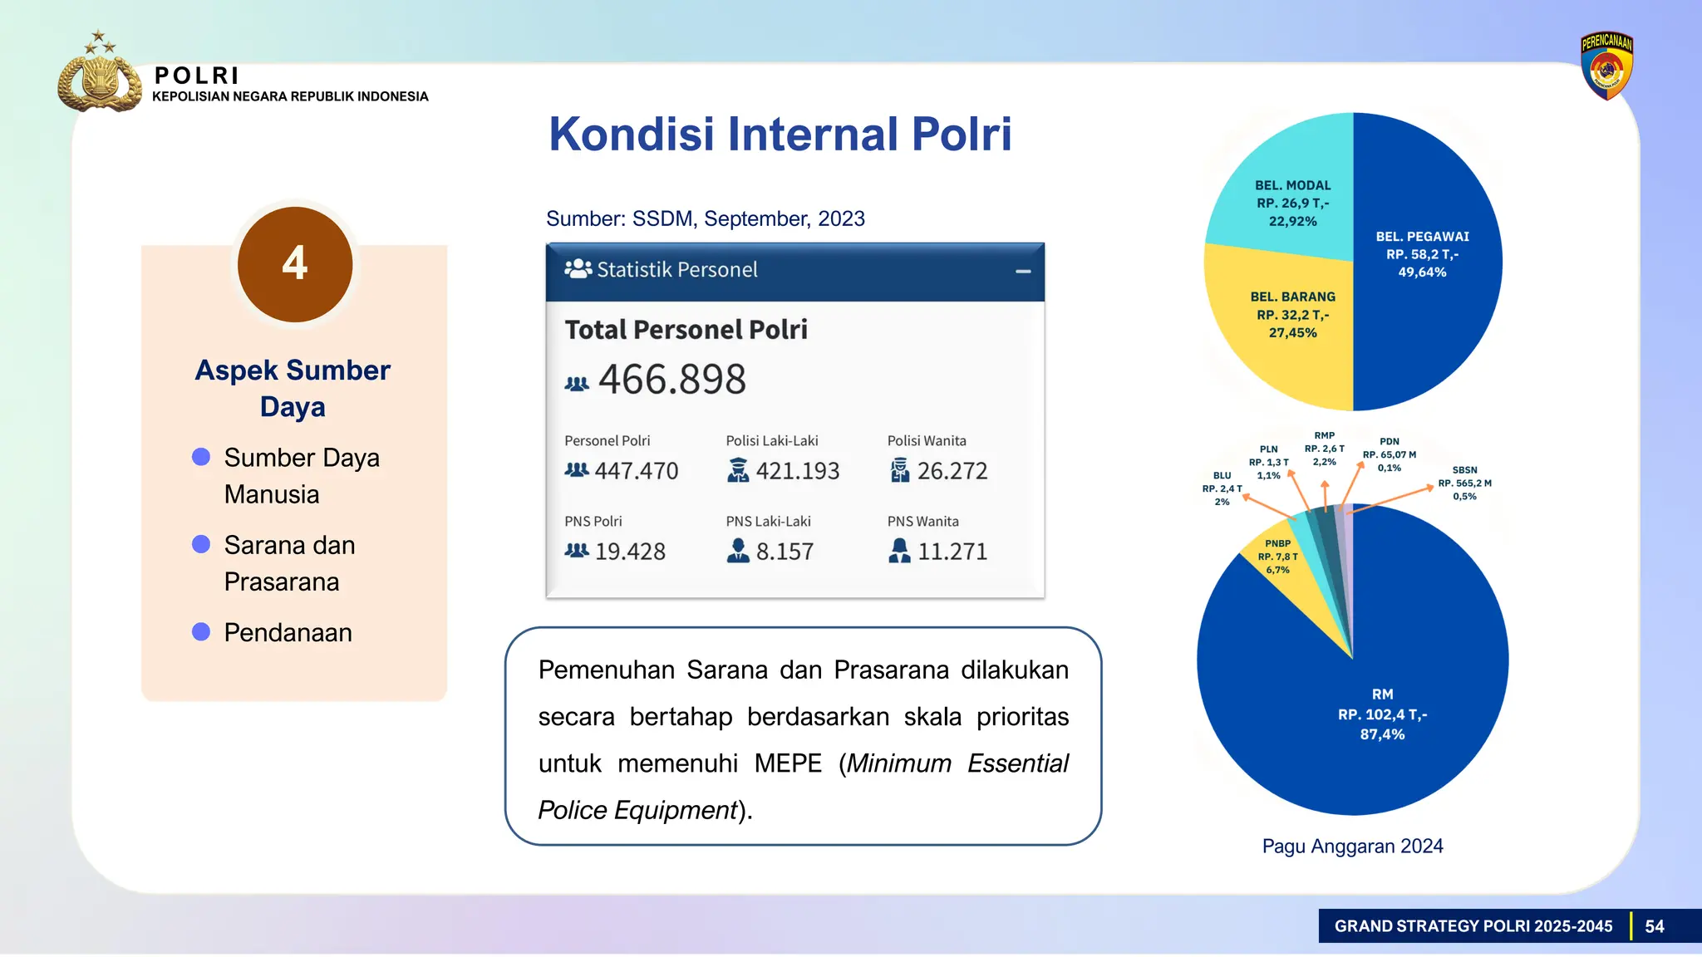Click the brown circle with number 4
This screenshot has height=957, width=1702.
[295, 264]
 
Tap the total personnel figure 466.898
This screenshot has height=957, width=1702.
[671, 380]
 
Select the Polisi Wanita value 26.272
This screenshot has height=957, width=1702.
[952, 471]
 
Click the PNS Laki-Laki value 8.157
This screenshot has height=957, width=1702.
[784, 552]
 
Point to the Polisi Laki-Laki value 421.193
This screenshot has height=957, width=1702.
[797, 471]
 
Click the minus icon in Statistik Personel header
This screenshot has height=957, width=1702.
[1023, 271]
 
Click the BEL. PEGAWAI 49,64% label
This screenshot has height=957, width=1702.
[1422, 254]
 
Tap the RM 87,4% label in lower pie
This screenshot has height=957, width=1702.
[1382, 714]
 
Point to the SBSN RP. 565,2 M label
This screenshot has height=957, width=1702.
[1464, 483]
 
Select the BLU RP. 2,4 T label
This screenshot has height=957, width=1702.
[1222, 488]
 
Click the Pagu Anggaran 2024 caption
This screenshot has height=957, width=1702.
[1352, 846]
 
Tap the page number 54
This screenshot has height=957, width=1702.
[1654, 926]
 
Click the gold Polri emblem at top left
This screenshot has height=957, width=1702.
[99, 76]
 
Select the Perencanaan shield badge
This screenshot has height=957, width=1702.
[1606, 66]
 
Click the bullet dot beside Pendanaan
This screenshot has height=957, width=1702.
[201, 632]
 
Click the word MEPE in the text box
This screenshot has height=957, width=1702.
[787, 763]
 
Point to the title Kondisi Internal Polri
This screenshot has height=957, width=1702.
[780, 134]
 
